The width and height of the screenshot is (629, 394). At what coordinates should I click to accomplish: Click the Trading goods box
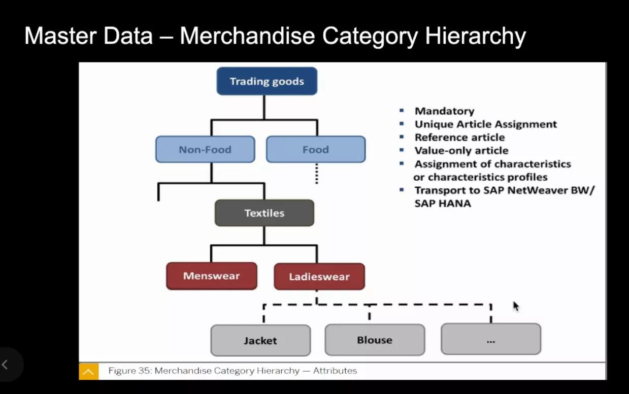(x=267, y=81)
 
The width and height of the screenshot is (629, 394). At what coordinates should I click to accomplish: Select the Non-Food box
(x=205, y=149)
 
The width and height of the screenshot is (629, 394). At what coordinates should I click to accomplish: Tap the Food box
(x=315, y=149)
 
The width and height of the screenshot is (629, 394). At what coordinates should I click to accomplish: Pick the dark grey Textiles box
(x=264, y=213)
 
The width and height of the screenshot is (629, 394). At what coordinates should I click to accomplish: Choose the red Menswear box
(x=211, y=276)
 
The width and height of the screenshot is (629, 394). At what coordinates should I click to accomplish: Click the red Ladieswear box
(x=319, y=277)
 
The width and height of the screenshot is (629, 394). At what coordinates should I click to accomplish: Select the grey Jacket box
(x=260, y=340)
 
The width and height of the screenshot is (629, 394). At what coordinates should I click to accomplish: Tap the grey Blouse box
(x=375, y=340)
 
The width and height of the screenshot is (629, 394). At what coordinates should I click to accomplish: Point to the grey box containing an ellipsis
(x=490, y=339)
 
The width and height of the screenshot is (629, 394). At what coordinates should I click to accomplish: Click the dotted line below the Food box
(x=316, y=174)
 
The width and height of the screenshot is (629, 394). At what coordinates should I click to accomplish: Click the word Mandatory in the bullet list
(x=444, y=111)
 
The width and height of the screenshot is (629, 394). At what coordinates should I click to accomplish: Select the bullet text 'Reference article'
(x=459, y=137)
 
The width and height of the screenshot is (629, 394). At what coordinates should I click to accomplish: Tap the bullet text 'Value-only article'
(x=461, y=150)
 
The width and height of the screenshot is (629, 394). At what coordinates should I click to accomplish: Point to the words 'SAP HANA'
(x=443, y=203)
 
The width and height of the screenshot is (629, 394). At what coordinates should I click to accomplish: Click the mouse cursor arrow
(x=516, y=306)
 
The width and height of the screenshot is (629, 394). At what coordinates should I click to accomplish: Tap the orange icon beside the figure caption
(x=88, y=372)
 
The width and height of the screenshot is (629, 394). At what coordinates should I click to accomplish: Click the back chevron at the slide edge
(x=5, y=364)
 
